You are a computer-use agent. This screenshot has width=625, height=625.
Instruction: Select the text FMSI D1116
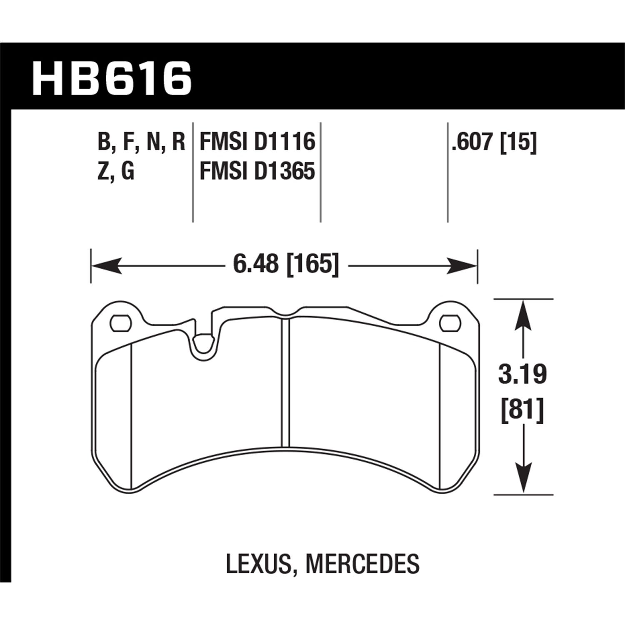tap(257, 142)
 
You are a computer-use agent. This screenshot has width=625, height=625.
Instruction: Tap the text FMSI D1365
tap(257, 171)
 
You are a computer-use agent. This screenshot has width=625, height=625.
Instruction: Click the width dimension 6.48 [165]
tap(286, 264)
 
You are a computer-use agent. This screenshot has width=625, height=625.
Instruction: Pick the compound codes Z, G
tap(115, 171)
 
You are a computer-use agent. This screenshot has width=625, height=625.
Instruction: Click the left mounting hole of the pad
tap(121, 323)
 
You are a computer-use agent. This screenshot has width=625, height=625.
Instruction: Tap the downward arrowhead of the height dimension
tap(523, 479)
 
